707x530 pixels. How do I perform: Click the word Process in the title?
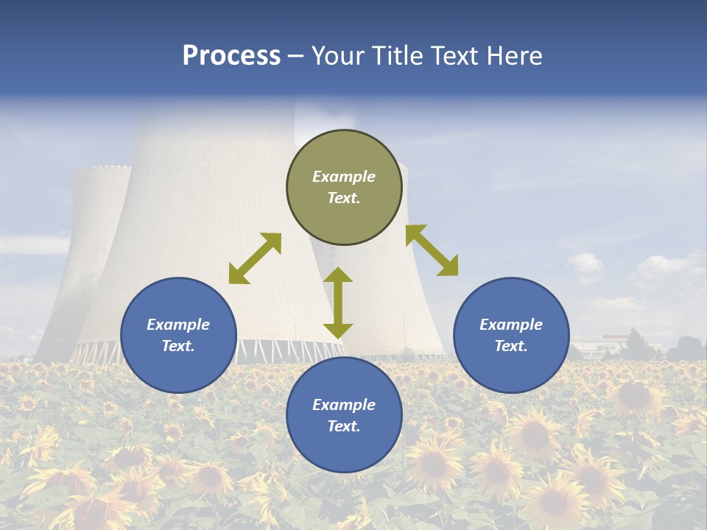(x=231, y=56)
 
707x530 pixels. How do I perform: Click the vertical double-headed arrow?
(x=338, y=303)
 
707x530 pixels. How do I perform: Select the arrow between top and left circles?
(x=255, y=258)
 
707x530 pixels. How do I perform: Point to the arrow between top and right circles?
(x=432, y=250)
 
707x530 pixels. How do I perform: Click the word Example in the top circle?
(x=344, y=177)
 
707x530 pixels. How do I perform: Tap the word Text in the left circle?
(x=178, y=346)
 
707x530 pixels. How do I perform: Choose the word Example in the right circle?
(x=511, y=325)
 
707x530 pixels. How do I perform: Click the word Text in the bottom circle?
(x=344, y=426)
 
